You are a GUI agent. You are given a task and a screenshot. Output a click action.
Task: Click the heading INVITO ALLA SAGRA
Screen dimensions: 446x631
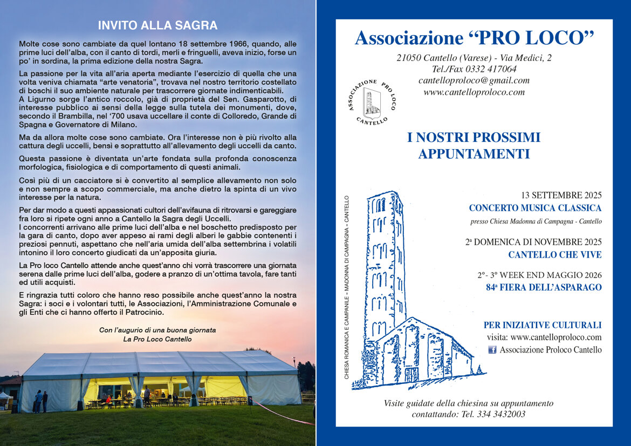click(157, 25)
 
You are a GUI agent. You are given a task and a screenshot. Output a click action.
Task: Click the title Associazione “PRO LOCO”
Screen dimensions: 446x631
click(474, 38)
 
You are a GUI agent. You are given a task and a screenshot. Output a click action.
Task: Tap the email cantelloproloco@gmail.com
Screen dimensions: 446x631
click(474, 80)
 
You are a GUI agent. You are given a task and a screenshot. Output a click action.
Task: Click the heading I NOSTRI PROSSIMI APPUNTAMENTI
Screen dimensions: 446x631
click(474, 145)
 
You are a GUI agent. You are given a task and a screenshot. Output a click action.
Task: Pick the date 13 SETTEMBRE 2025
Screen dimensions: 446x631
click(561, 195)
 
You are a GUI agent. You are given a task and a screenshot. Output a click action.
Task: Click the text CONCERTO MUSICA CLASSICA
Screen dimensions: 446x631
click(535, 208)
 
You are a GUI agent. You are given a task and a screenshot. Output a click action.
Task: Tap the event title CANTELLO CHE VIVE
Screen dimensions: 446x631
click(554, 254)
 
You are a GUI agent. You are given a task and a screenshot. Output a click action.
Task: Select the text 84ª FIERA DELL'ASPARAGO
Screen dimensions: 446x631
click(544, 287)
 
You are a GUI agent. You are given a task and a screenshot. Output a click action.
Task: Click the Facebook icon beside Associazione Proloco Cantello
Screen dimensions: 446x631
click(492, 350)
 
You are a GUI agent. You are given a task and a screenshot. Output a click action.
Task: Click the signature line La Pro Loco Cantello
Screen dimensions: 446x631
click(157, 339)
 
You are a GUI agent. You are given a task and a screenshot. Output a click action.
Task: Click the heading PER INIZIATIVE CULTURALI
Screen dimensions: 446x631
click(542, 325)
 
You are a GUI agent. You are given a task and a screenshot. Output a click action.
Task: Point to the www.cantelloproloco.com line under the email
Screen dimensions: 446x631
click(474, 92)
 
